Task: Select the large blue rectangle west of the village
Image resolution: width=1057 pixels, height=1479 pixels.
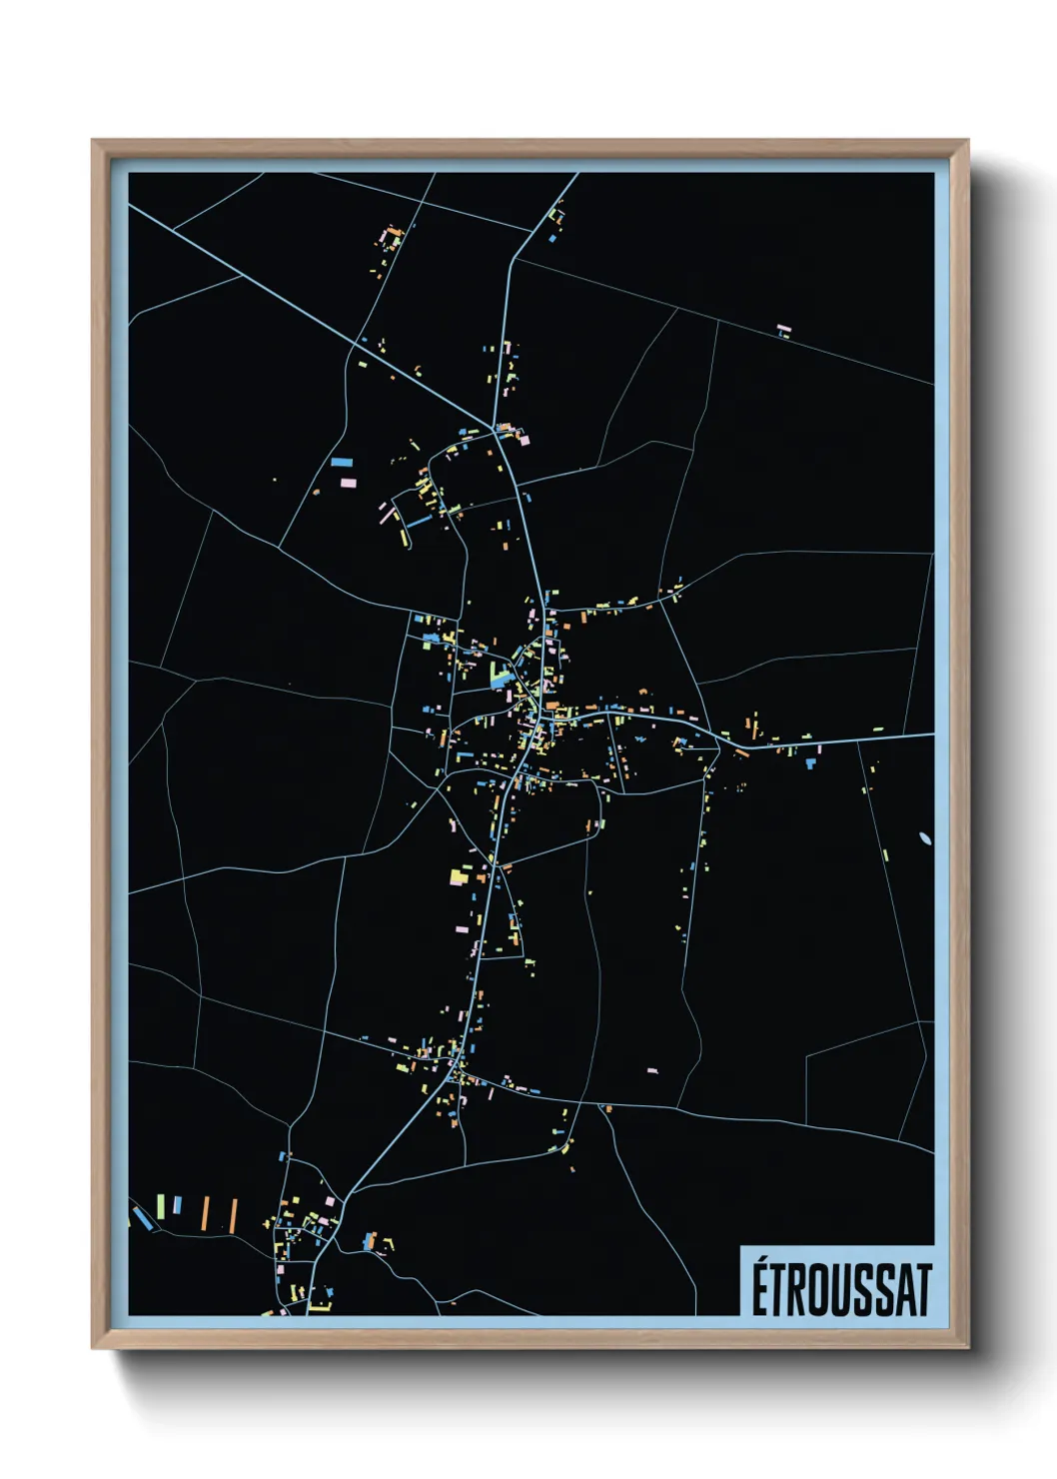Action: coord(343,463)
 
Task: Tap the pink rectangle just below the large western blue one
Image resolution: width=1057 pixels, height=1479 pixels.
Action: coord(349,482)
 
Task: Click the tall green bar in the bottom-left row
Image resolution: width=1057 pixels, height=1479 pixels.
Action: coord(160,1205)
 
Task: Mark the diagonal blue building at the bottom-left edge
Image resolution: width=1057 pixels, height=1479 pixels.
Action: coord(144,1218)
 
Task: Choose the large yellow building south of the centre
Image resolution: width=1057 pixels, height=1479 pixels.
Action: coord(458,876)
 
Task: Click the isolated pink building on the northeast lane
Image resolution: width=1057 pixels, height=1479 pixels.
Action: coord(784,327)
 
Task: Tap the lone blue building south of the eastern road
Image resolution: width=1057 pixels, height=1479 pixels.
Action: coord(810,763)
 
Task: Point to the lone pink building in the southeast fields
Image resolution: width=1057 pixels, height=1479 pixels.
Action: coord(652,1070)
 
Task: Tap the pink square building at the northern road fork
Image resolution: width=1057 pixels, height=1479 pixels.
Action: coord(523,438)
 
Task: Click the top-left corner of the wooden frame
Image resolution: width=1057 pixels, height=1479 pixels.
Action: coord(93,142)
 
